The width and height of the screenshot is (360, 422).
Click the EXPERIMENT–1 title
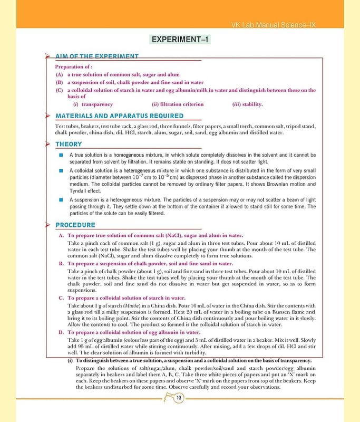point(180,40)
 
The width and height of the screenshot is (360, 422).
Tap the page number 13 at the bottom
point(180,398)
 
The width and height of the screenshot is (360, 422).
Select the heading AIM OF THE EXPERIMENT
point(97,56)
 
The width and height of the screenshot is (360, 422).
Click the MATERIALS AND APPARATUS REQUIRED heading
point(120,116)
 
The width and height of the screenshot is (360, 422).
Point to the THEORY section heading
point(69,144)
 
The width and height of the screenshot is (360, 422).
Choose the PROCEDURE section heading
point(75,226)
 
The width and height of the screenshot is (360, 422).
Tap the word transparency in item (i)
point(97,104)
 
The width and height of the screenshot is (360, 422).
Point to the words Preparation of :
point(74,67)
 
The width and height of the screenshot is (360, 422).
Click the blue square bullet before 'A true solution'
point(62,155)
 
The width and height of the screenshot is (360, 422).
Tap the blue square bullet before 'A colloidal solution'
point(62,171)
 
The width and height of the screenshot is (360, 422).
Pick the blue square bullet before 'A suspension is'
point(62,200)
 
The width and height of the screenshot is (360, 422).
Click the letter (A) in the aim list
point(59,75)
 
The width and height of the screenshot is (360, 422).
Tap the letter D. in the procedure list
point(61,333)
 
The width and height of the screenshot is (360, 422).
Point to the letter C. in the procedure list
point(61,298)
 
